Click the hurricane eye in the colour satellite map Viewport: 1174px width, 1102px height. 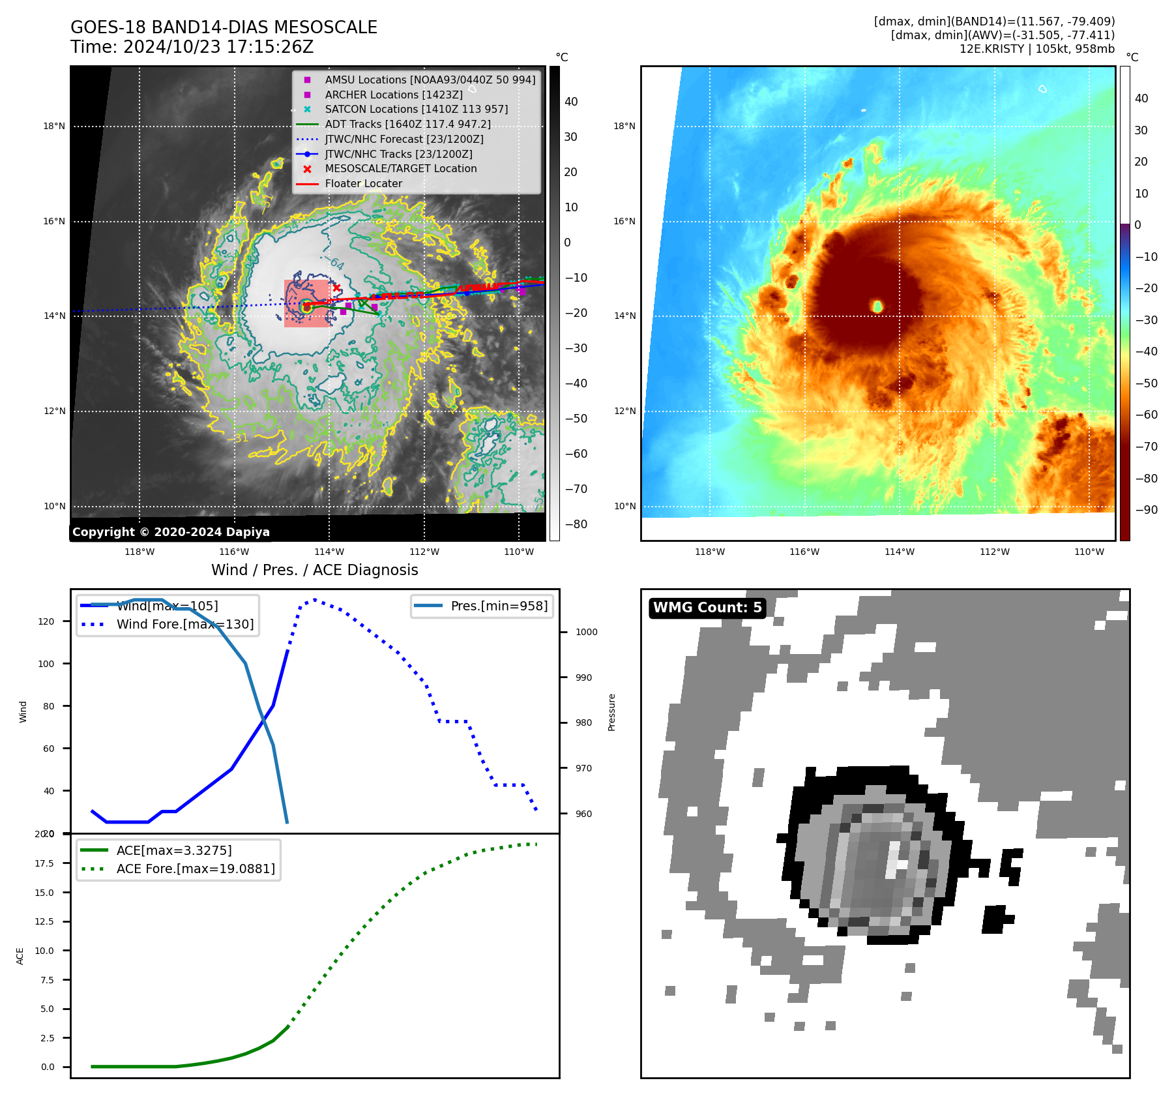[877, 306]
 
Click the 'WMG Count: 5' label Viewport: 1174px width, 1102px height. [707, 608]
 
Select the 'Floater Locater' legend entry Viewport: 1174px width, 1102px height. [363, 184]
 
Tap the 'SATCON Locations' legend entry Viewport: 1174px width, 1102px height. [416, 110]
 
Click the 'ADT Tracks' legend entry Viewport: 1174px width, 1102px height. [407, 125]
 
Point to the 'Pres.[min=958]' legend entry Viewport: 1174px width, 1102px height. [499, 606]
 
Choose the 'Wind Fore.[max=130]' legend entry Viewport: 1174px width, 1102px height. [184, 625]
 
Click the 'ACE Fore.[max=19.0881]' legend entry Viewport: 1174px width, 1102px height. [195, 869]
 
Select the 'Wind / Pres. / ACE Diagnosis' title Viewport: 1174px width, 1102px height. [314, 571]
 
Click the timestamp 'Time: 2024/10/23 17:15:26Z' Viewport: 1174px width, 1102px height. [192, 48]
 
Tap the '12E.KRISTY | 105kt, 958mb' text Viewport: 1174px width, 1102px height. [1036, 49]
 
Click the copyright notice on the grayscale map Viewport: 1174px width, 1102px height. [171, 532]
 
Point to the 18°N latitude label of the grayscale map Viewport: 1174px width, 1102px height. [54, 127]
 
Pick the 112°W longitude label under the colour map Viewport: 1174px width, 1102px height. [994, 552]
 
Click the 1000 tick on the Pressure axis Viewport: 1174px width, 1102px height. [586, 632]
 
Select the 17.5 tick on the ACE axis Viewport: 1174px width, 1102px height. [44, 863]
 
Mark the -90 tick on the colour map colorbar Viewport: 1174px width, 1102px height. [1146, 510]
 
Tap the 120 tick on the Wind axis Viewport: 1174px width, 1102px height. [46, 621]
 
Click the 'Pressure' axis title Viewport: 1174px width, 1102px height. [611, 712]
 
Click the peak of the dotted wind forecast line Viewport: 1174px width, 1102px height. [315, 599]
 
